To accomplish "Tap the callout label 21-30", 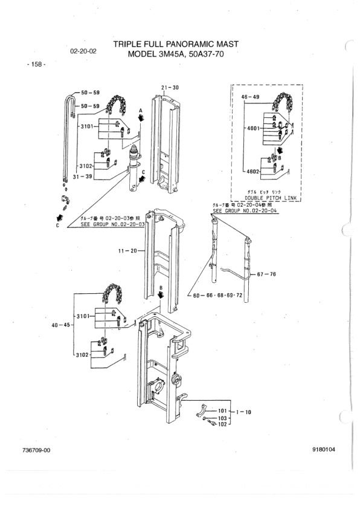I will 170,88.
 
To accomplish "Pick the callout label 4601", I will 253,128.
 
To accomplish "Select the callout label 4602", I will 253,172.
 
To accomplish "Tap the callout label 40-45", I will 60,325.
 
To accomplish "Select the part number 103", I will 222,418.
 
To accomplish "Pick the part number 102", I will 222,424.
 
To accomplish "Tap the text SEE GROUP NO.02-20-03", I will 114,224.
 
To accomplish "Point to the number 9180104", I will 324,450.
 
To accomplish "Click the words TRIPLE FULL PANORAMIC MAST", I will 176,44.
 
